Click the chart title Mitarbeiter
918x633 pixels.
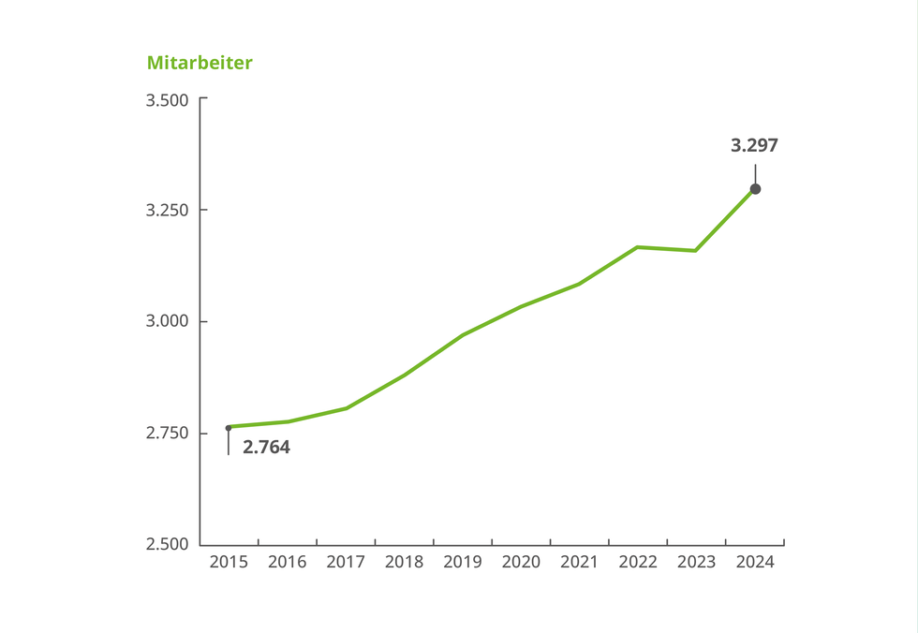tap(200, 63)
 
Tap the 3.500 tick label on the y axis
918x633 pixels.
tap(168, 99)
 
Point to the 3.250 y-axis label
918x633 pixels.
tap(168, 210)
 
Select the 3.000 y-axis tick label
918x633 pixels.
tap(168, 321)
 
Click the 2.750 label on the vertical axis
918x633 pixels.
tap(168, 433)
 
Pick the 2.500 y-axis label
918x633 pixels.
tap(168, 544)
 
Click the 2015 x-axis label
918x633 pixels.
tap(229, 562)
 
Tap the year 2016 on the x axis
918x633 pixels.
tap(288, 562)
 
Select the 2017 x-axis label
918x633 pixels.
tap(346, 562)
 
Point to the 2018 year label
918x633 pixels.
tap(404, 562)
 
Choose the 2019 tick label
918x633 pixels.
tap(463, 562)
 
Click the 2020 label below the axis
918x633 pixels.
tap(521, 562)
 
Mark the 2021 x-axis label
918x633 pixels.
tap(579, 562)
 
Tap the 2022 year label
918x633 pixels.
tap(638, 562)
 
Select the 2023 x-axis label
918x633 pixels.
tap(696, 562)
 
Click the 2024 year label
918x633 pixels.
tap(755, 562)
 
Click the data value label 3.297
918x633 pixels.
tap(754, 145)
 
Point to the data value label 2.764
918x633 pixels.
tap(266, 448)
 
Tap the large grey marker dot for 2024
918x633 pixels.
tap(755, 189)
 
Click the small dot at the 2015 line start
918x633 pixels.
tap(229, 428)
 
